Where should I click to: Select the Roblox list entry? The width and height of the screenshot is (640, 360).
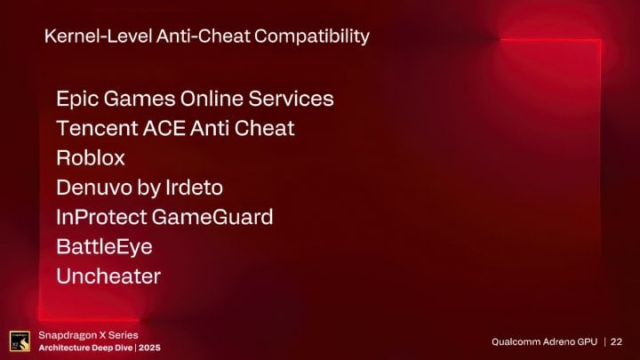coord(91,157)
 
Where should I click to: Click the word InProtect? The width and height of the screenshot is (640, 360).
coord(100,217)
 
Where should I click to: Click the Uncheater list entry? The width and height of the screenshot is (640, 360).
coord(108,276)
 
